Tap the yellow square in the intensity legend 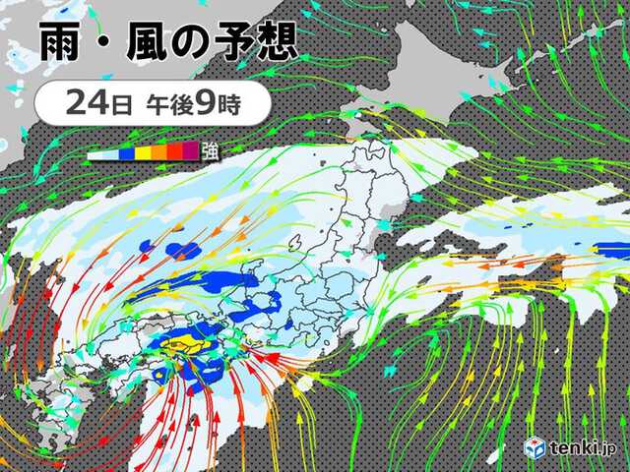(143, 151)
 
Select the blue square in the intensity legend (129, 151)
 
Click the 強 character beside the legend (210, 150)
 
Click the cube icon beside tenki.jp (535, 446)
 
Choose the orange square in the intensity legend (158, 151)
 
